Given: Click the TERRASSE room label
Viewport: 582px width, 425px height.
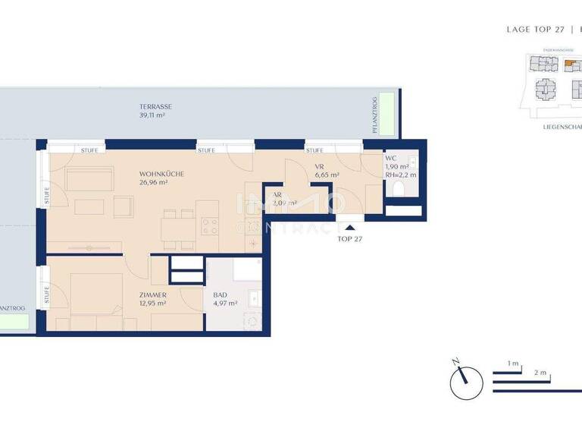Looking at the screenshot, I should point(155,107).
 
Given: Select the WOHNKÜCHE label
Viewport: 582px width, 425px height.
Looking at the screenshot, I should point(161,174).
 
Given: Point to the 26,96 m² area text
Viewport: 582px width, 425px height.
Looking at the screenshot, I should point(156,183).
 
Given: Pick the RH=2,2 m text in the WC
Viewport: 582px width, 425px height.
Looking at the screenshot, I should point(400,175).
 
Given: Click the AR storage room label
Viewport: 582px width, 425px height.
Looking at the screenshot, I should point(277,194).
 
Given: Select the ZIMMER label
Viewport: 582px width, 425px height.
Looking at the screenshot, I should point(153,294).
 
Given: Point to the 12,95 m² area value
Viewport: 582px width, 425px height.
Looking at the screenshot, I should point(154,303).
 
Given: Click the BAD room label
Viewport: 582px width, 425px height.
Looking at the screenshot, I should point(221,294).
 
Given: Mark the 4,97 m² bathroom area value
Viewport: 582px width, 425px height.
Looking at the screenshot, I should point(225,303).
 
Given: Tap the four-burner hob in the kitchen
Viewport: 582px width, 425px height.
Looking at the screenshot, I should point(209,225).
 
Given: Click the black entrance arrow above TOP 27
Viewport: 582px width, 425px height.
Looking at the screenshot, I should point(349,225).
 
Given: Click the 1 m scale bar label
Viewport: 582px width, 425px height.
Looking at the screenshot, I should point(512,364).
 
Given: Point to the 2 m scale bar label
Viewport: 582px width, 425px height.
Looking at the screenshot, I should point(540,373).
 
